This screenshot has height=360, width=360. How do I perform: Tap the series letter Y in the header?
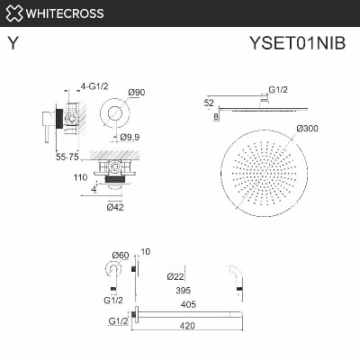pos(13,41)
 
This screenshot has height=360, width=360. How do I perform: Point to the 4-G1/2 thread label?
pos(95,86)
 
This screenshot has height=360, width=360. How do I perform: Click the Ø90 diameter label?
pos(138,93)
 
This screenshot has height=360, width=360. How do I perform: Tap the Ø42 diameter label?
pos(114,208)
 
